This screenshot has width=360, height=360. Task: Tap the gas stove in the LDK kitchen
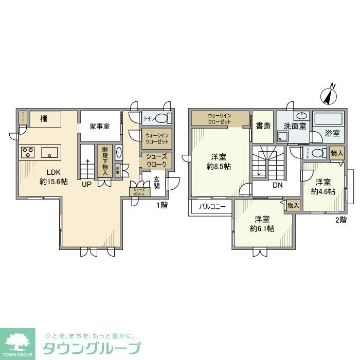(x=27, y=152)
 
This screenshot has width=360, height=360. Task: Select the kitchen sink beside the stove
(x=50, y=152)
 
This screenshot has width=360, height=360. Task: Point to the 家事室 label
(x=99, y=126)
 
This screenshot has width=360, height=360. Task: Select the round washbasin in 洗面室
(x=301, y=116)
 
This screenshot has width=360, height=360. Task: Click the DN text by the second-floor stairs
(x=278, y=185)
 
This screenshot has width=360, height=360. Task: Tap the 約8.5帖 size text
(x=219, y=167)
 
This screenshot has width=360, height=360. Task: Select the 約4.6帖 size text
(x=323, y=191)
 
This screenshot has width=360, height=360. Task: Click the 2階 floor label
(x=340, y=220)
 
